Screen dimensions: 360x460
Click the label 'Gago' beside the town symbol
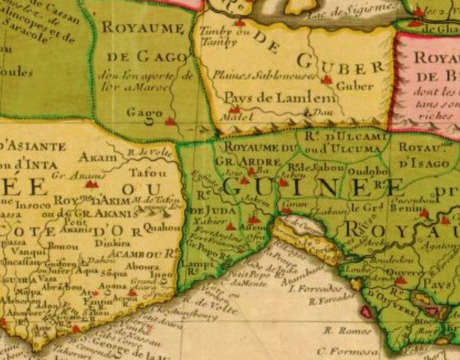[x=145, y=113]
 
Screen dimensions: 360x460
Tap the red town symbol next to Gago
[x=170, y=121]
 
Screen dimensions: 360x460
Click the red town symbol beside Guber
[x=326, y=81]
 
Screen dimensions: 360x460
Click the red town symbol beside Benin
[x=424, y=213]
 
